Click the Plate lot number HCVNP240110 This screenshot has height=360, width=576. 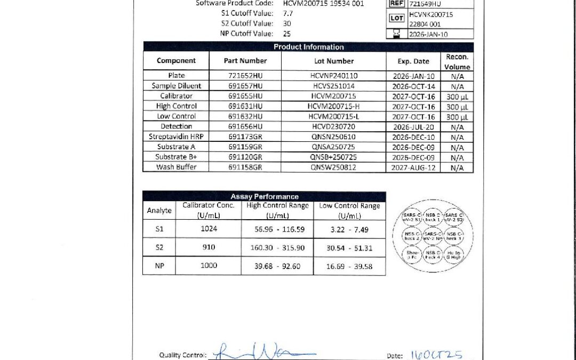(334, 76)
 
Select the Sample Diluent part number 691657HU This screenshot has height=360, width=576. (245, 86)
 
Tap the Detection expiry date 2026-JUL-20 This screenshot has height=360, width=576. (413, 127)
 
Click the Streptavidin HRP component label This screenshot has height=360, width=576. (176, 137)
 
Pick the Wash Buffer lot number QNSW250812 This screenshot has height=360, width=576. (334, 167)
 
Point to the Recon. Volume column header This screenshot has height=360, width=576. (457, 62)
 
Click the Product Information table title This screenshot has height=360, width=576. (308, 47)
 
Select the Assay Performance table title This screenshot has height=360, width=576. (264, 197)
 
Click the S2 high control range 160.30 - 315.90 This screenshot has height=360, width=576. (277, 248)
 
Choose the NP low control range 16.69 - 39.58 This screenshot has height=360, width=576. (349, 266)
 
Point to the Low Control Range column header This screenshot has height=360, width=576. (349, 211)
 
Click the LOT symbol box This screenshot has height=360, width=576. (397, 18)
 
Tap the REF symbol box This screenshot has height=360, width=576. (397, 3)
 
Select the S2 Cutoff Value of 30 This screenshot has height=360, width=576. (287, 23)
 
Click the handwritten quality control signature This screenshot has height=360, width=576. (261, 351)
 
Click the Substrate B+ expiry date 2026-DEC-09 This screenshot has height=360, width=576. (413, 157)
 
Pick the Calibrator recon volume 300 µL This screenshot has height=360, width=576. (457, 96)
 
